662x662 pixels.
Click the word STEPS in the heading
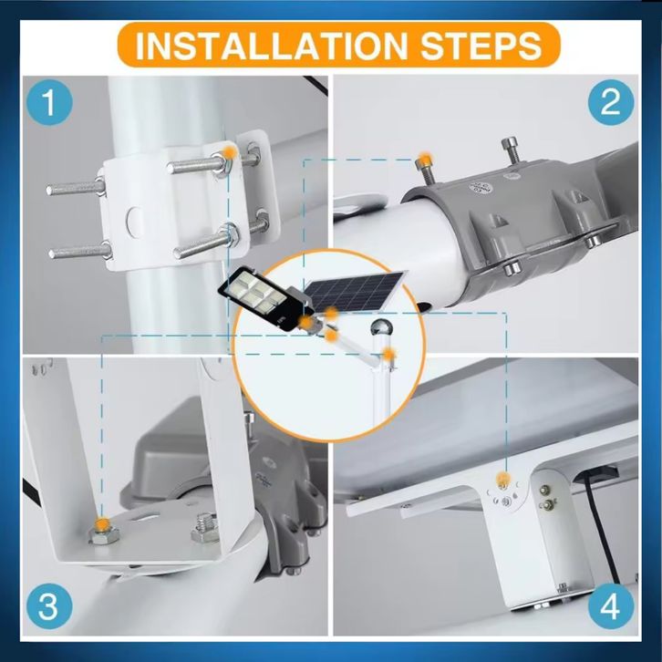481,45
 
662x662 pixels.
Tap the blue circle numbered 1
49,103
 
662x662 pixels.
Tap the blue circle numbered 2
611,103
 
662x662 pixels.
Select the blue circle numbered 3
49,606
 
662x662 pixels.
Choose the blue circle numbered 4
611,606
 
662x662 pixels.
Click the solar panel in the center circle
354,291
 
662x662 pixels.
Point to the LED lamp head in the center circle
266,298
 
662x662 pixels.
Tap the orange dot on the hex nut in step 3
102,525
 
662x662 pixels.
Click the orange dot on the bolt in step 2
424,160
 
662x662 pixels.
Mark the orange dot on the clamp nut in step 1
229,152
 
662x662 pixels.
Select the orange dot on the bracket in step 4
502,479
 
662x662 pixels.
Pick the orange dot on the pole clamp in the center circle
388,354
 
